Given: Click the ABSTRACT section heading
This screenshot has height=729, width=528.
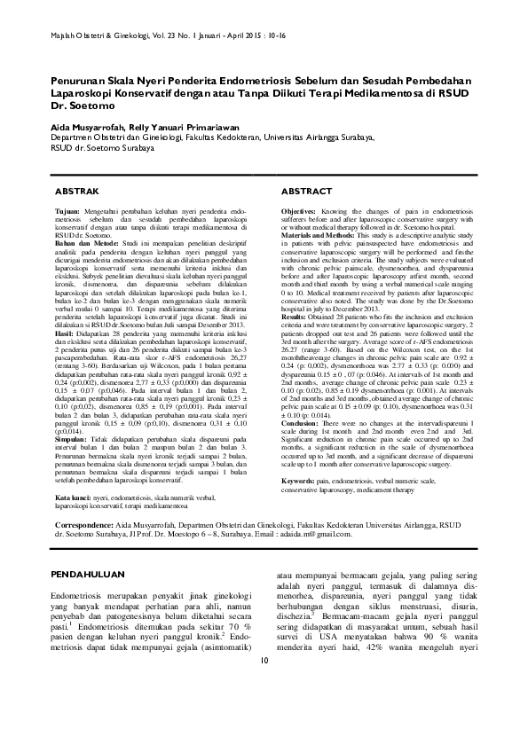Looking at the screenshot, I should (x=308, y=192).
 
